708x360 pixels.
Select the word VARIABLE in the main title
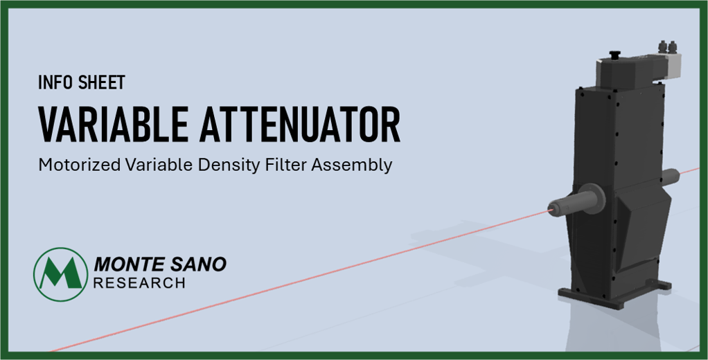[x=113, y=125]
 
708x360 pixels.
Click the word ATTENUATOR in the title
[x=300, y=125]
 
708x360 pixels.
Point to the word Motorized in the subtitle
[x=80, y=165]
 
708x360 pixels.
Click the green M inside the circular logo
[x=61, y=273]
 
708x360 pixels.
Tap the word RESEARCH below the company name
[x=139, y=283]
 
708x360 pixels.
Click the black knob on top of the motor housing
[x=614, y=55]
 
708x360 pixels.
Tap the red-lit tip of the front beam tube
[x=551, y=208]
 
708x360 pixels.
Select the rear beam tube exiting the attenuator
[x=671, y=176]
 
